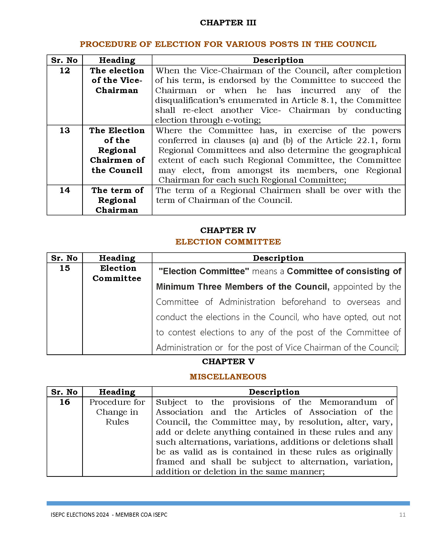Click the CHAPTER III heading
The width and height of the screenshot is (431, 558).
(228, 23)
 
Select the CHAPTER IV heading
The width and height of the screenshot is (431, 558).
(228, 230)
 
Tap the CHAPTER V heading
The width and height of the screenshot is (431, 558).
(228, 361)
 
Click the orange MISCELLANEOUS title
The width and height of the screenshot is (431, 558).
(228, 377)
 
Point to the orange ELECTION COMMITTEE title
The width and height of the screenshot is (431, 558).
(228, 242)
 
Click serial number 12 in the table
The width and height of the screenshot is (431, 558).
(65, 71)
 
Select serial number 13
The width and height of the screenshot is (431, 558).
(65, 131)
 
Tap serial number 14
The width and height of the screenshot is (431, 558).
(65, 190)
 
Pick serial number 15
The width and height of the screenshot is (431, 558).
(65, 268)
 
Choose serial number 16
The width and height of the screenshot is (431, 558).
(65, 402)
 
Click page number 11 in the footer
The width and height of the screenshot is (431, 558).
(402, 515)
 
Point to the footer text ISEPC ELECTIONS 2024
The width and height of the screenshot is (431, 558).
(80, 515)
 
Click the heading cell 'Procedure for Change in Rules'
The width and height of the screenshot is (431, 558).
(117, 412)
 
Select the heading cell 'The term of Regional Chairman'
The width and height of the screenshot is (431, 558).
(117, 200)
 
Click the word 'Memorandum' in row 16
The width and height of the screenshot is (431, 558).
(348, 402)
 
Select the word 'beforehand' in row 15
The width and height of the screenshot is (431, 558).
(303, 302)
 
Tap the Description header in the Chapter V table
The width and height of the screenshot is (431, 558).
(274, 392)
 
